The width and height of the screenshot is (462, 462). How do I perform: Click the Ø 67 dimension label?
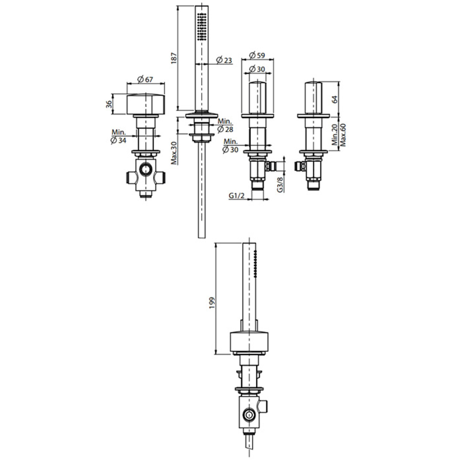click(145, 80)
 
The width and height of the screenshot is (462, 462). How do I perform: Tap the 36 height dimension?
click(109, 104)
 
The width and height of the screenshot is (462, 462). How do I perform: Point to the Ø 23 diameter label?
click(224, 60)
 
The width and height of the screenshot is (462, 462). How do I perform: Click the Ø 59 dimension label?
click(257, 55)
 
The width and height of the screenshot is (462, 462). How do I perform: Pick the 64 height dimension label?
click(335, 99)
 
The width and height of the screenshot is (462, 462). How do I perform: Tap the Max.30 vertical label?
click(174, 153)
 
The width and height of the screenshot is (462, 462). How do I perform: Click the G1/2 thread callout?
click(236, 195)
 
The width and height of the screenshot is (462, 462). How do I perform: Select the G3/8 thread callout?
click(280, 184)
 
